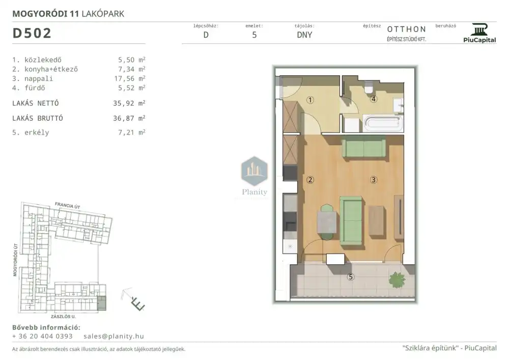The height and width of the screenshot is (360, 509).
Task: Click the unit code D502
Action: point(32,33)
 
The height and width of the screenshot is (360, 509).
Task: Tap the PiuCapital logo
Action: point(479,33)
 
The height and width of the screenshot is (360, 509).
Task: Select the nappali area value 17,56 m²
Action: point(129,78)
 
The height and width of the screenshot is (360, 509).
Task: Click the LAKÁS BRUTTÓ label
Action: point(38,118)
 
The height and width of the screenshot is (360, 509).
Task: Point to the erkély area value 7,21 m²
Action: point(131,132)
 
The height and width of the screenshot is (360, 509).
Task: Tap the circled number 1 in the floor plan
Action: point(310,100)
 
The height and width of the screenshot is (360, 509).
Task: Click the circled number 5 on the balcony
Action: point(350,277)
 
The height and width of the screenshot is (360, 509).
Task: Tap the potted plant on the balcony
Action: point(397,280)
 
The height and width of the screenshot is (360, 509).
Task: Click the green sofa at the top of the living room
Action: point(364,149)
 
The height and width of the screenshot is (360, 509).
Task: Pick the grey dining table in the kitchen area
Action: point(327,221)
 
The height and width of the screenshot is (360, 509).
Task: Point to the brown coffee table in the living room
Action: point(377,220)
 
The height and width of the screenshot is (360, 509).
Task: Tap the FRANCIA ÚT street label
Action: point(67,206)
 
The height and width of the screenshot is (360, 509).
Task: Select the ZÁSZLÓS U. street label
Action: point(63,317)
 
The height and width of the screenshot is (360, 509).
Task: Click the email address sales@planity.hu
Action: point(114,336)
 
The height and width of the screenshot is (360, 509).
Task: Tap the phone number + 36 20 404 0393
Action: point(42,336)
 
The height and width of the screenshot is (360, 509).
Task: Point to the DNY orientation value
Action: point(304,35)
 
